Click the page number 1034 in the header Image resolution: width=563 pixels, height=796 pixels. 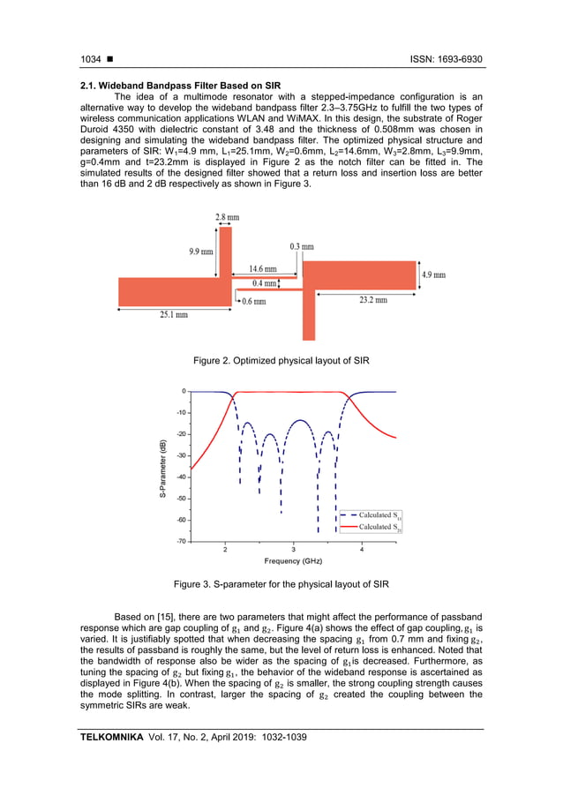90,59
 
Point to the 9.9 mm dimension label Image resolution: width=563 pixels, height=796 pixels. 201,252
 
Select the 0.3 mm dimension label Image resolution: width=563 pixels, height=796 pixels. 302,247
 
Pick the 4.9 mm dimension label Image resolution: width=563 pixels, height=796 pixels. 433,275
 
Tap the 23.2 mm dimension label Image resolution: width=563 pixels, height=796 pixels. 373,300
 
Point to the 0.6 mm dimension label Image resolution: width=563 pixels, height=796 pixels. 255,300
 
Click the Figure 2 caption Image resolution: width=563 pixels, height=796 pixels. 281,360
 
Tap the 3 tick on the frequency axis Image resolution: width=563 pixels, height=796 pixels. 293,550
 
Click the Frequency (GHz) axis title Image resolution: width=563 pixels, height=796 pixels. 294,561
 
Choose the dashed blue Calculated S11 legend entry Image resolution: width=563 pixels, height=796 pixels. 372,515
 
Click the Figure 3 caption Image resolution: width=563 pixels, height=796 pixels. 281,584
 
